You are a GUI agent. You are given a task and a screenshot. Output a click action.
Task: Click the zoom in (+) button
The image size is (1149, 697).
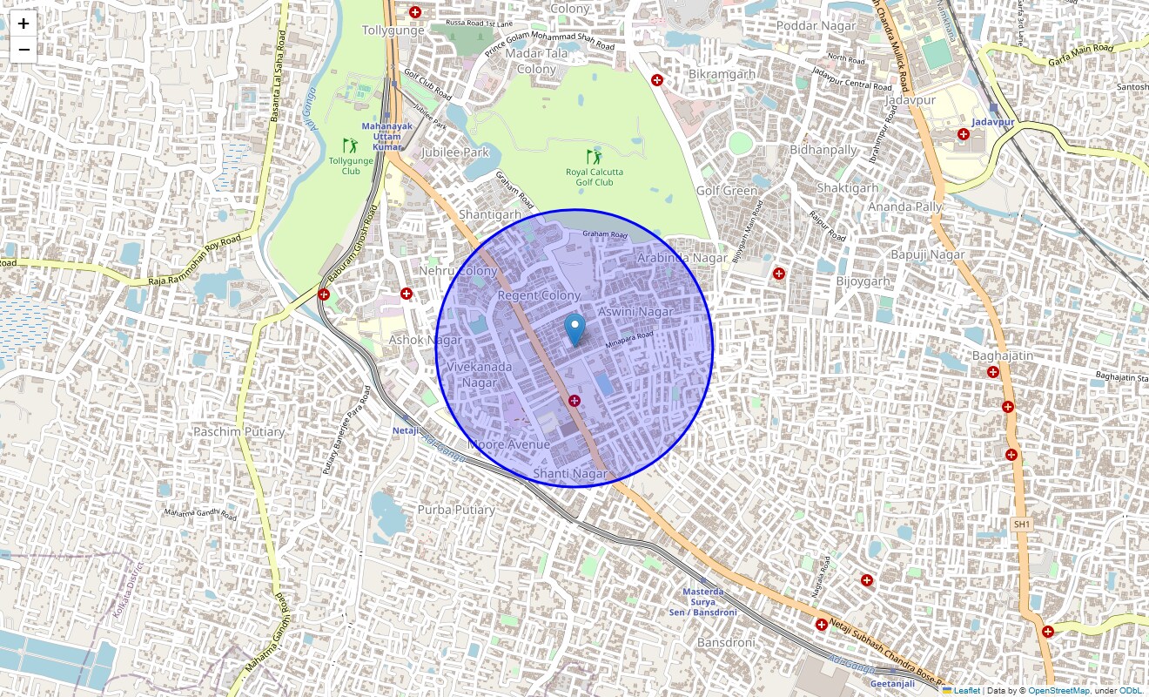pos(24,24)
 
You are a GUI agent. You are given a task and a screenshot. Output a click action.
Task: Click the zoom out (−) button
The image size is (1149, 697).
pos(24,50)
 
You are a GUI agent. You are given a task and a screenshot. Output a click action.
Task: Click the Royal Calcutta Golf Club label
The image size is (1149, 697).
pos(595,177)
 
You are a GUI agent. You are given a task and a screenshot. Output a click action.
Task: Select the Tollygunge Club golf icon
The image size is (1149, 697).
pos(350,145)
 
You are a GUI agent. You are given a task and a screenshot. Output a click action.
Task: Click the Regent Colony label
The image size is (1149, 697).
pos(539,295)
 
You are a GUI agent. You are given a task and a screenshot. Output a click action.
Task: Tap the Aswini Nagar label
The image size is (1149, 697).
pos(635,311)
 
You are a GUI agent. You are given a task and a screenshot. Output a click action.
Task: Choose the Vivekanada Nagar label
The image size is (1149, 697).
pos(480,375)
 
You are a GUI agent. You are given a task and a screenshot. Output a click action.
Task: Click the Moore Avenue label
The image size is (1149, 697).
pos(509,444)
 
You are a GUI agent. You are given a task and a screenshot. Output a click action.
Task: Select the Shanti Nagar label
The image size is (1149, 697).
pos(570,473)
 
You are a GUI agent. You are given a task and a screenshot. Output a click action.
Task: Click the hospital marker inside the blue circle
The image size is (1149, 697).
pos(574,400)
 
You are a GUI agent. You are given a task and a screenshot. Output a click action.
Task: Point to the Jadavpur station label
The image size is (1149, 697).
pos(994,122)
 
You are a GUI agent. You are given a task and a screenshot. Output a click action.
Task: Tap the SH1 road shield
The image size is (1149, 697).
pos(1022,524)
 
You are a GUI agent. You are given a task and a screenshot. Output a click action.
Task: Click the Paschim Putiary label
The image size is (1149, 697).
pos(239,431)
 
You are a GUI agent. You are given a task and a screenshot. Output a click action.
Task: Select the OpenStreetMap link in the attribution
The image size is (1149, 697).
pos(1058,690)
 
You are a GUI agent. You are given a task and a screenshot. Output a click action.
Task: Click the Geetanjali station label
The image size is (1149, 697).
pos(891,683)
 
